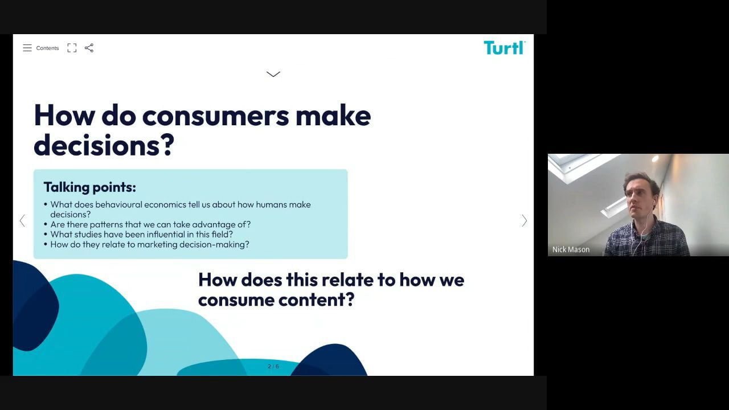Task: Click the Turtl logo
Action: pos(505,48)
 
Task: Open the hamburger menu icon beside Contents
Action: pos(27,48)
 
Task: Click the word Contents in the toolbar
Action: pos(47,48)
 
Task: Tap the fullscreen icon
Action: pos(72,48)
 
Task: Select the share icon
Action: pos(89,48)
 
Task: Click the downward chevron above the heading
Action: pos(273,74)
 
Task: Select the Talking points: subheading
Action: pos(90,187)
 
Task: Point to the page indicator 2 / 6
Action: pos(273,366)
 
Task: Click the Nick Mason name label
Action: pos(571,249)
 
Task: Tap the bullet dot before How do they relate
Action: pos(46,244)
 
